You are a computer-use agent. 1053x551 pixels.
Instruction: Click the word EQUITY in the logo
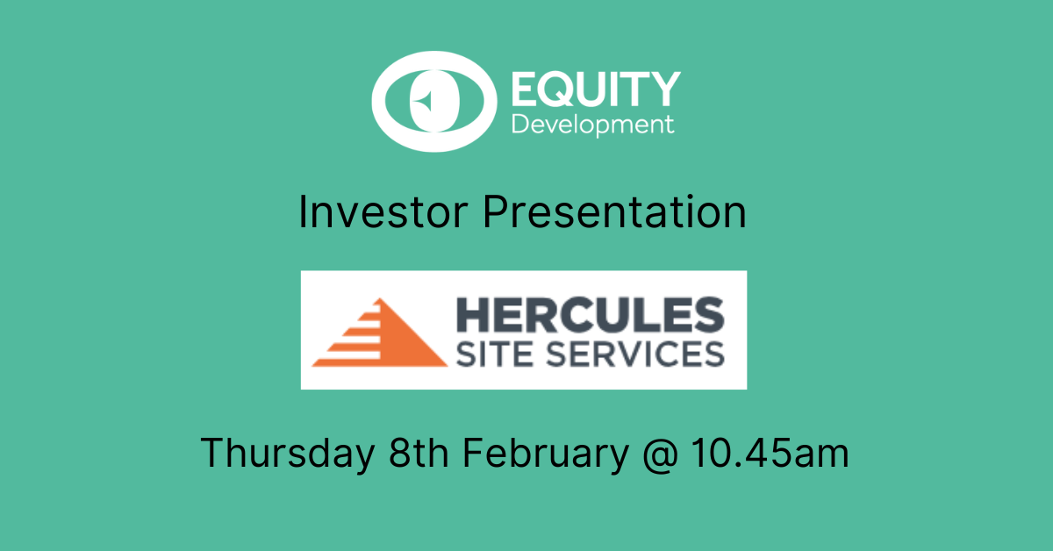point(596,89)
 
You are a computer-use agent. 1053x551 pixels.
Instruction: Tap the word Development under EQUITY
point(593,125)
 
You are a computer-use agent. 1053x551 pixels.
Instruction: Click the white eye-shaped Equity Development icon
point(434,102)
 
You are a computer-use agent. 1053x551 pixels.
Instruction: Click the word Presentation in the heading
point(614,212)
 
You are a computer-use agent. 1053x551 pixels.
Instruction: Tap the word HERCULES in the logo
point(591,315)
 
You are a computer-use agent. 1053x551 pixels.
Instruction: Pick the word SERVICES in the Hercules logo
point(635,354)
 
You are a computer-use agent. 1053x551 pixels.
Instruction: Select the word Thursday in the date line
point(288,453)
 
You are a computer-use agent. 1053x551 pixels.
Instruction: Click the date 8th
point(419,452)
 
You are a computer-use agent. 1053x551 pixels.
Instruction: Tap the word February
point(546,453)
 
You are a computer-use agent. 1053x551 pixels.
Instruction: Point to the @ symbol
point(661,454)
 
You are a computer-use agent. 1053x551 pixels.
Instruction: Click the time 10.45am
point(770,452)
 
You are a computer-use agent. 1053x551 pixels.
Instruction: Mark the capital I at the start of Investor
point(302,212)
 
